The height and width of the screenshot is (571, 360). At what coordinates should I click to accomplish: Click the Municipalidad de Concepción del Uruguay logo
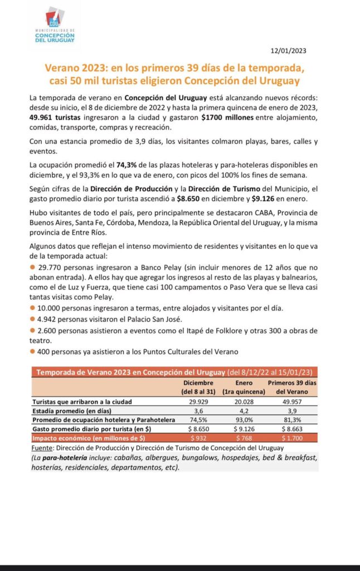coord(54,25)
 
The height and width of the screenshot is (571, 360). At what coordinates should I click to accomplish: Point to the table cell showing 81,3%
coord(293,419)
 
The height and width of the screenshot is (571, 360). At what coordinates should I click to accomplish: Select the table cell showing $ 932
coord(199,438)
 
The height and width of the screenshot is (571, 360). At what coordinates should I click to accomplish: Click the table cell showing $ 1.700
coord(293,438)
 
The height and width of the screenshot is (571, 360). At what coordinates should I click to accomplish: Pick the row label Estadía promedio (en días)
coord(74,410)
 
